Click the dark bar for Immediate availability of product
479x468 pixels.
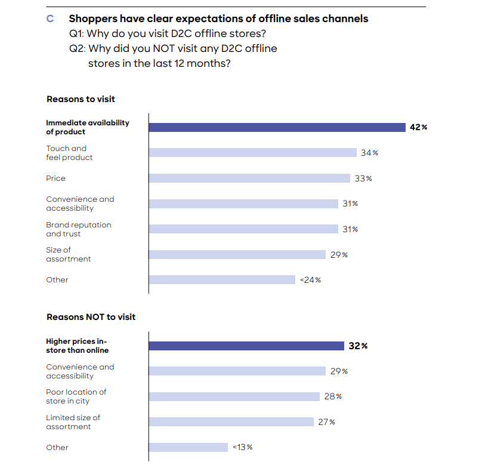click(x=277, y=127)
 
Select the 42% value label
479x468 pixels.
click(x=419, y=127)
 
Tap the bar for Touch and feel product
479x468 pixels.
click(x=252, y=153)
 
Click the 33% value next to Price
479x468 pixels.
click(x=363, y=178)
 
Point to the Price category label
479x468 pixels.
click(x=56, y=178)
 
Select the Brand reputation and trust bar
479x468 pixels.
click(x=243, y=229)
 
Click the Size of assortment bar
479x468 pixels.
click(x=237, y=254)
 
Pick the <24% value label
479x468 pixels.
click(x=310, y=280)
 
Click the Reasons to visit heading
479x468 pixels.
click(x=81, y=99)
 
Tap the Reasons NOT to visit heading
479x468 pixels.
click(x=91, y=317)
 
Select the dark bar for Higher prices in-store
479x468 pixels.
click(x=246, y=346)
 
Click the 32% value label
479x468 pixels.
click(x=358, y=346)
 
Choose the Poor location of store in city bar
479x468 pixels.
click(x=234, y=396)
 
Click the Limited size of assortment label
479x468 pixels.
click(x=73, y=422)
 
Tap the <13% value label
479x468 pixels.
click(x=242, y=448)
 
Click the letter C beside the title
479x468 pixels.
click(x=50, y=19)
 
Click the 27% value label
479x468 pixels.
click(x=327, y=422)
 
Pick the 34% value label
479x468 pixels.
click(x=370, y=153)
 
